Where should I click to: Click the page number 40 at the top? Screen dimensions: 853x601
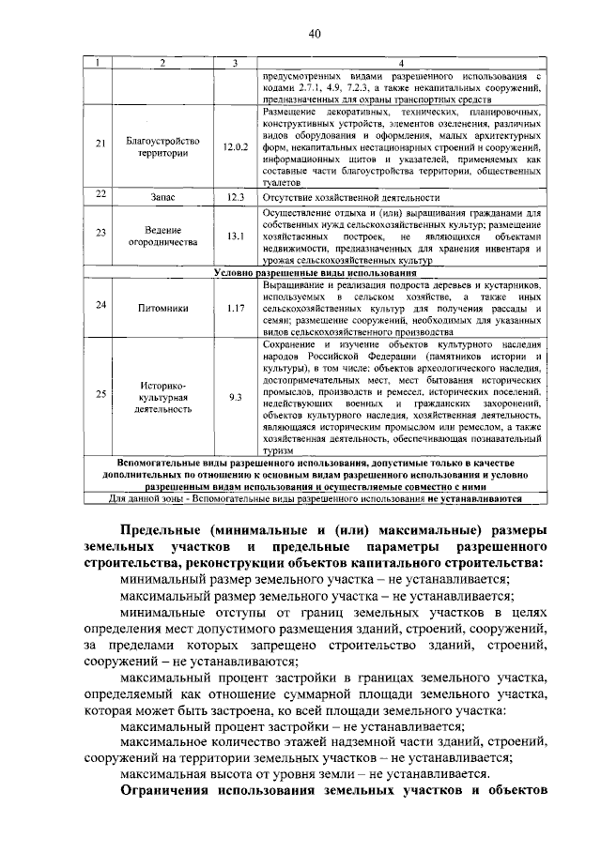point(314,35)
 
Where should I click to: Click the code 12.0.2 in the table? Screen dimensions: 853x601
point(235,147)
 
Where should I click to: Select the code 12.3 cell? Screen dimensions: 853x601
point(235,197)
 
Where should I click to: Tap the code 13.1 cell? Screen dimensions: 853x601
point(235,235)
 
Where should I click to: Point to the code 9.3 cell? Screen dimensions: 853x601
point(235,397)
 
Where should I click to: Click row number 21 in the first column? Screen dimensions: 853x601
point(100,146)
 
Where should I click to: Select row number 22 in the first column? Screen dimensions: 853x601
point(100,195)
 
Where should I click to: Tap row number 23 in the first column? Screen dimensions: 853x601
point(100,235)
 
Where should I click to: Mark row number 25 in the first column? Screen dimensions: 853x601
point(100,396)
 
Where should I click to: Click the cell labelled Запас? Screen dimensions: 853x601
point(164,197)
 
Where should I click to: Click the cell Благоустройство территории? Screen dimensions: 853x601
point(164,147)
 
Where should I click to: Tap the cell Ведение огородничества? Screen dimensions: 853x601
point(164,235)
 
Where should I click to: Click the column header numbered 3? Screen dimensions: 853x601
point(235,63)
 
